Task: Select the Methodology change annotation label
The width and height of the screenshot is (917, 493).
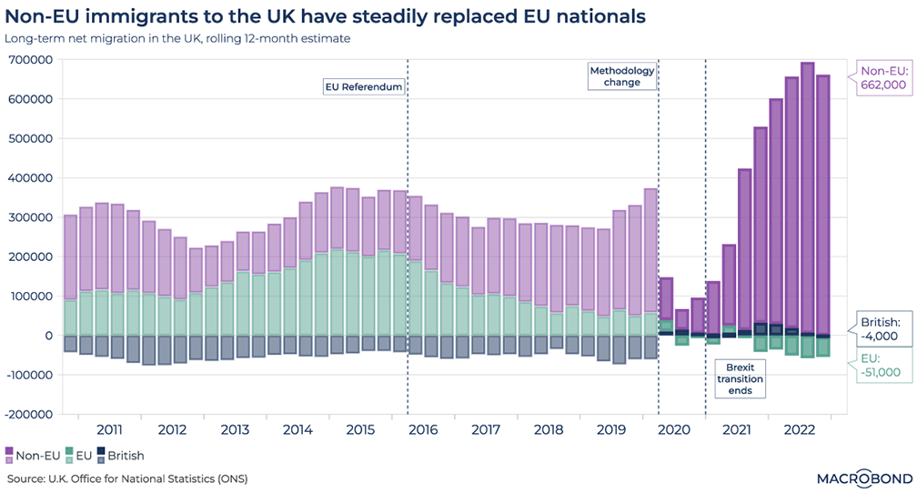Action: [615, 76]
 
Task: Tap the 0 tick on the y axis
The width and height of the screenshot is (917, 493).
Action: [47, 336]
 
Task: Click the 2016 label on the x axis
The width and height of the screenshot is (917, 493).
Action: [423, 429]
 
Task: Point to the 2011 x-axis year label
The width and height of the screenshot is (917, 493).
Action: [109, 429]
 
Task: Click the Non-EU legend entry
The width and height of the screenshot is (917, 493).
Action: [31, 455]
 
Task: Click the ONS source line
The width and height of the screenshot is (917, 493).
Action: [127, 478]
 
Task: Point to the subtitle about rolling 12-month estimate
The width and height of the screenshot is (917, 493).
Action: [177, 38]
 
